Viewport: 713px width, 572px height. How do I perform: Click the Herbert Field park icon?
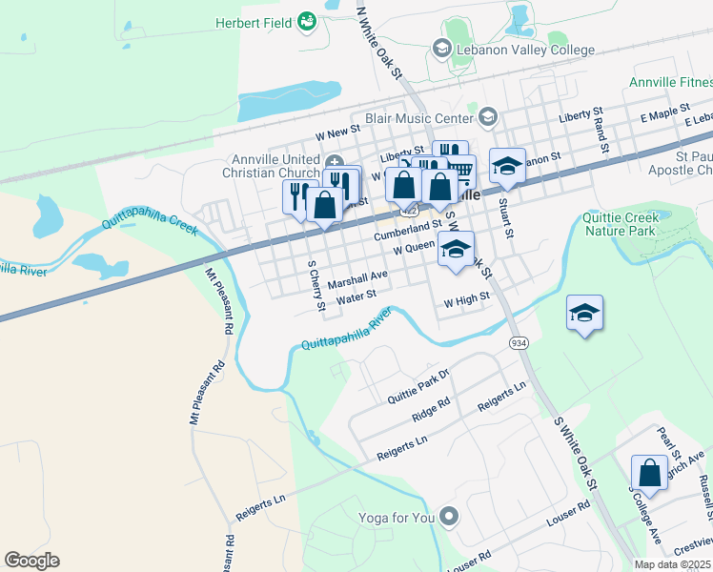coord(307,21)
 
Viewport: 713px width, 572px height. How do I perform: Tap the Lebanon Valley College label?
coord(525,50)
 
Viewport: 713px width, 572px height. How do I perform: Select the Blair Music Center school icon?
coord(488,117)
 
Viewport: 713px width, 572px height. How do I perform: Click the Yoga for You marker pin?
coord(450,518)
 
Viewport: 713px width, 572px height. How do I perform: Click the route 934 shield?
coord(519,343)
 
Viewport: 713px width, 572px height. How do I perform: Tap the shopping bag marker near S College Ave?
coord(649,473)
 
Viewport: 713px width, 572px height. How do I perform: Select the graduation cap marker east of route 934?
coord(584,313)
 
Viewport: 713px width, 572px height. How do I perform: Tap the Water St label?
coord(357,296)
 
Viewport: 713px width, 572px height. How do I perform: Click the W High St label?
coord(467,297)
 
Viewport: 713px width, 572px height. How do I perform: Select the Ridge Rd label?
coord(431,410)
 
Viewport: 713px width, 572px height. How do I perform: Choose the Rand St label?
coord(600,134)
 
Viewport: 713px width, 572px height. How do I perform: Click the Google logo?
coord(32,561)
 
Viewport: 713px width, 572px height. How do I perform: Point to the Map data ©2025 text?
coord(672,564)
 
